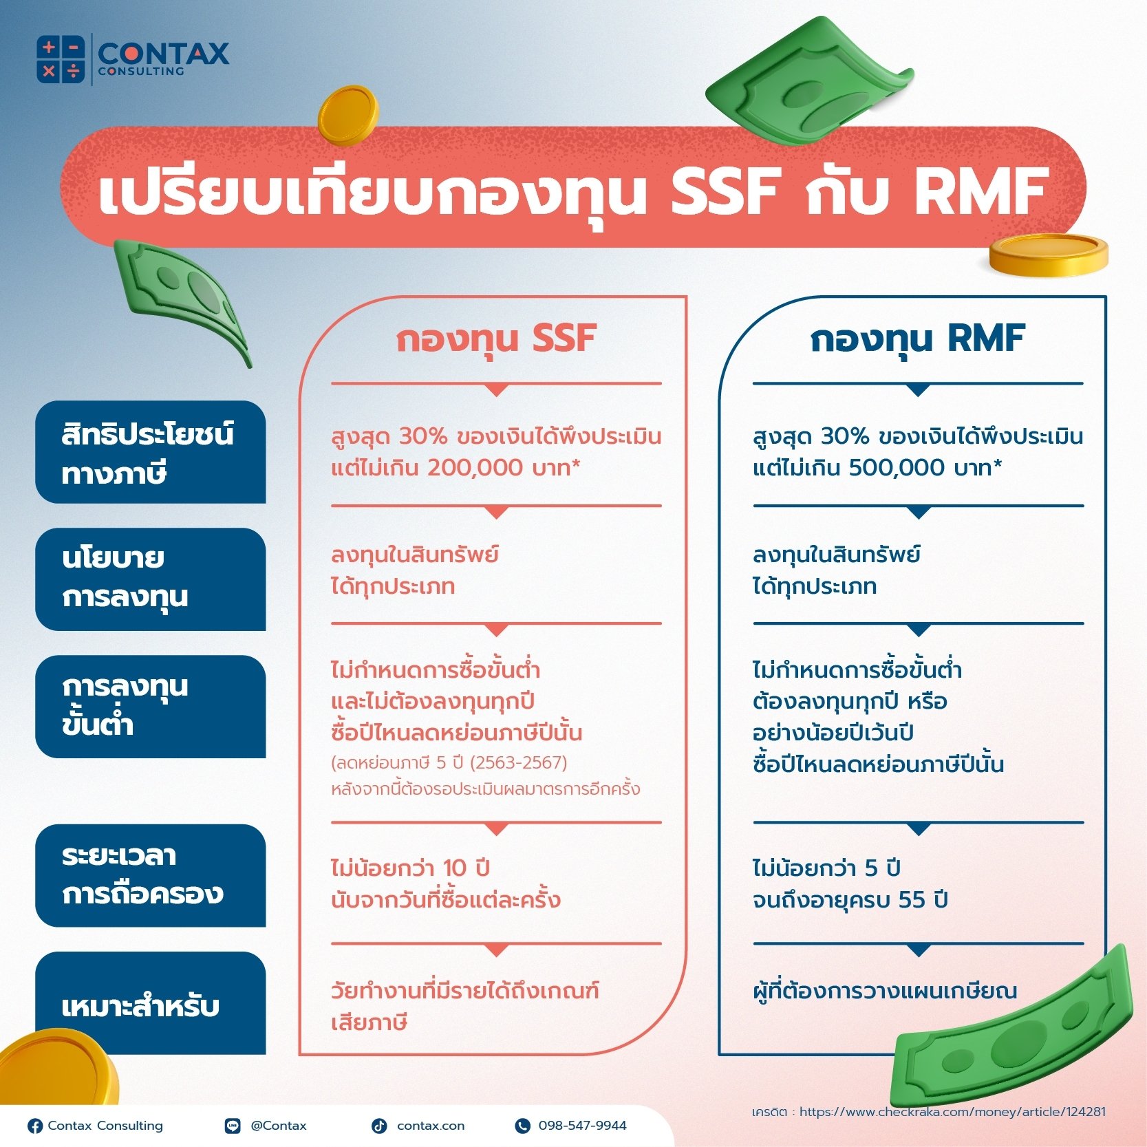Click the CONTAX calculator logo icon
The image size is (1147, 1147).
pos(61,59)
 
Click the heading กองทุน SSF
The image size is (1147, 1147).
pos(495,339)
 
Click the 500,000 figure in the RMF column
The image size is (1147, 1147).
pos(897,468)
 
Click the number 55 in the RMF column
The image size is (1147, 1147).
pos(912,899)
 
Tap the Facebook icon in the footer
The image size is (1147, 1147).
pos(35,1126)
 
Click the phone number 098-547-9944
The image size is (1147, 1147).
pos(582,1126)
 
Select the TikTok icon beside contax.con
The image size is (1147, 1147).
pos(379,1126)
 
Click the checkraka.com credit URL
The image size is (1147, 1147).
pos(952,1112)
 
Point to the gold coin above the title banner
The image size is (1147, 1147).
pos(348,114)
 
